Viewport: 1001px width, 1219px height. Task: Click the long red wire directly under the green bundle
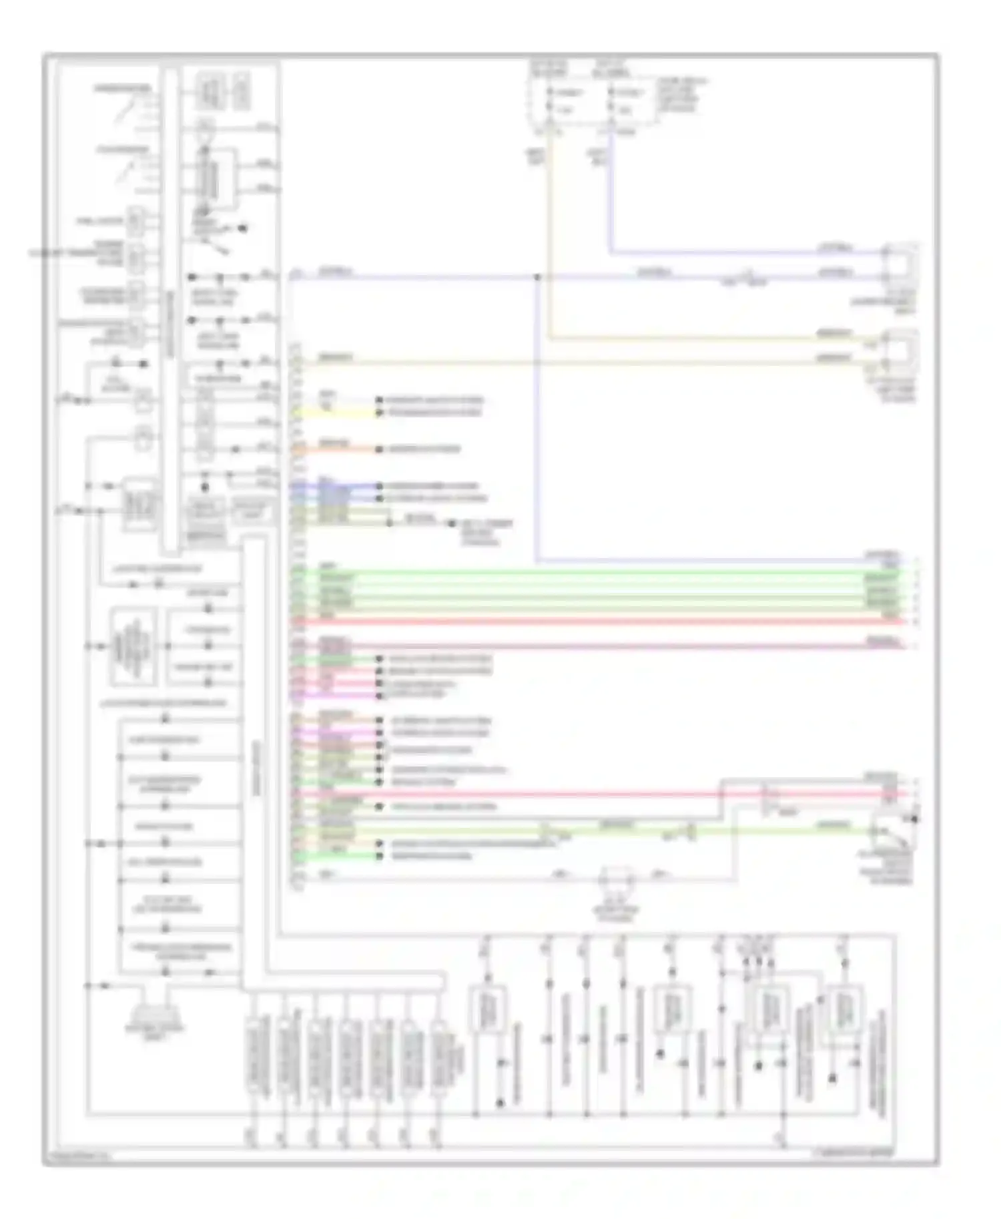pos(601,622)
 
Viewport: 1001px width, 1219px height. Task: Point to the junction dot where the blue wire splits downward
pos(537,276)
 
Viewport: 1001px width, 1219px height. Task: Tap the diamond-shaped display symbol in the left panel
pos(134,646)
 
